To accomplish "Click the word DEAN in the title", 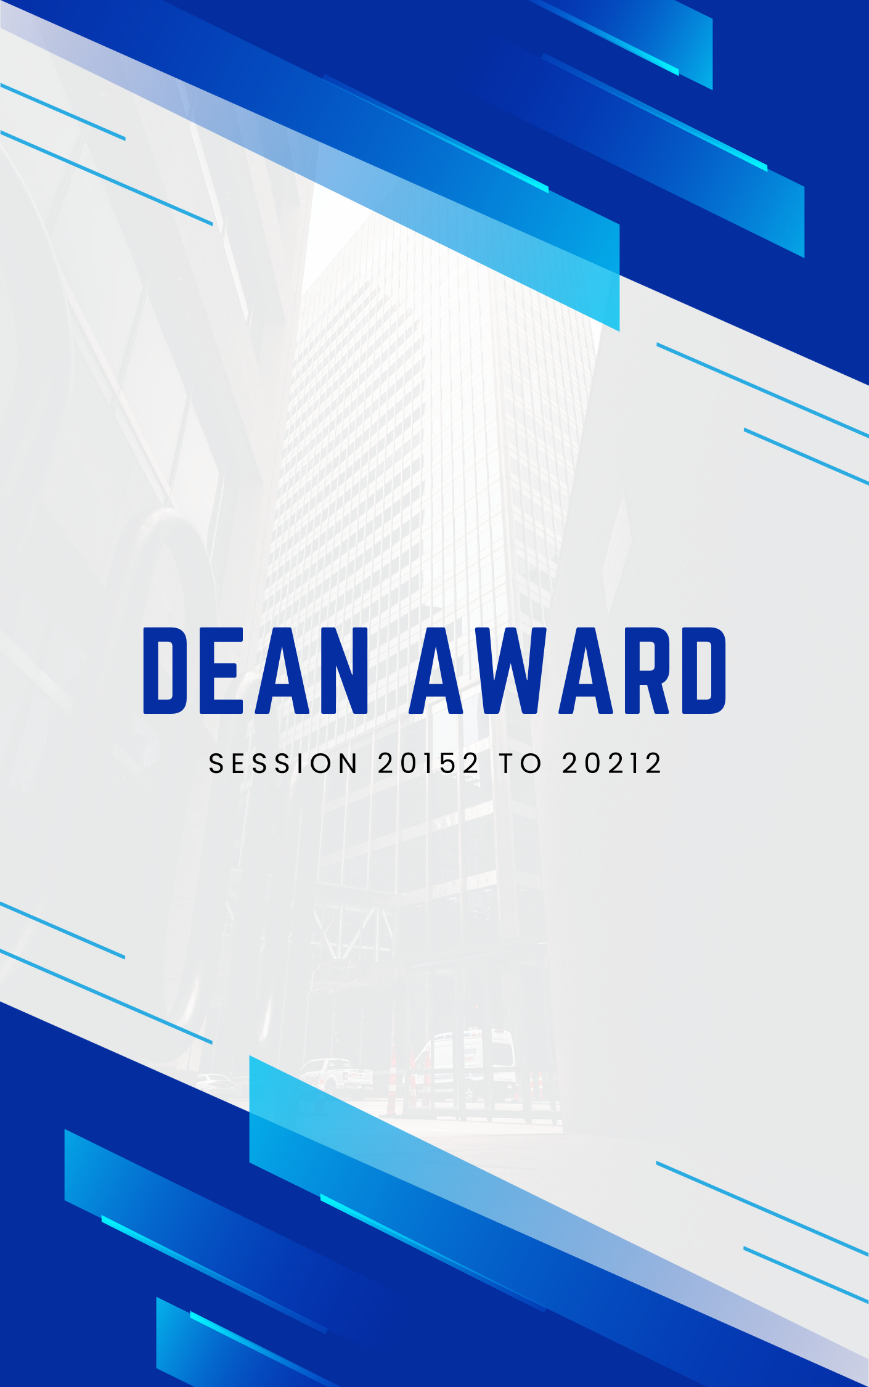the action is tap(256, 671).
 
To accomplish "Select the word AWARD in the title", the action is tap(568, 671).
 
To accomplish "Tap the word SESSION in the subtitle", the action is tap(283, 764).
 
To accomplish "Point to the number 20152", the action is tap(428, 764).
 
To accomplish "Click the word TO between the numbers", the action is tap(521, 764).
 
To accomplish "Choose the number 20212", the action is tap(612, 764).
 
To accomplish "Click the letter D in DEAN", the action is tap(165, 671).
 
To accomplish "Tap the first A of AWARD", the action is tap(438, 671).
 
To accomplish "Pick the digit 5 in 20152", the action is tap(449, 764).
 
